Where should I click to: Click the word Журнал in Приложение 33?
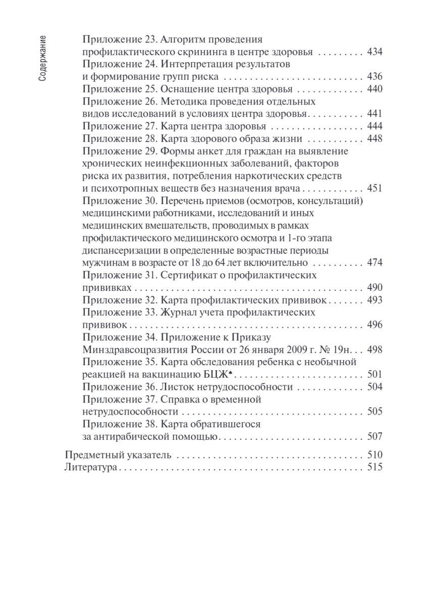tap(177, 313)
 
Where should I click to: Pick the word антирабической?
tap(126, 436)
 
